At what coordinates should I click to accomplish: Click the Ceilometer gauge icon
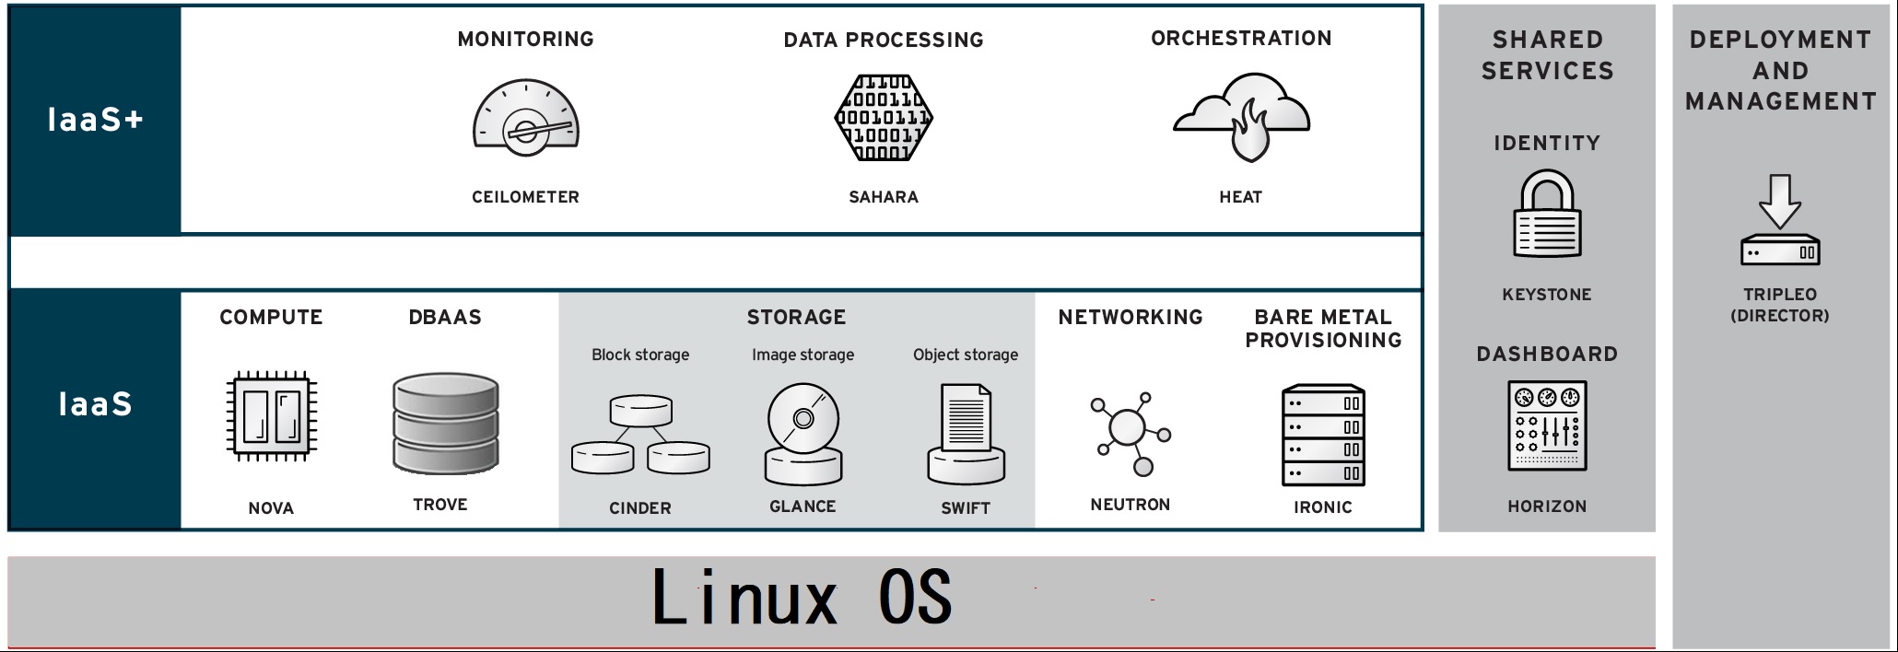[525, 118]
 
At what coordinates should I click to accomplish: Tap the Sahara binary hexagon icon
[884, 118]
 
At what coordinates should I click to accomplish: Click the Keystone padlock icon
[1547, 214]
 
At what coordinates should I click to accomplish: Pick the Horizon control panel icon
[1547, 425]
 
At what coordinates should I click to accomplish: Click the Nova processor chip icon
[271, 416]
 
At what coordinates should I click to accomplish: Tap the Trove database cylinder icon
[445, 423]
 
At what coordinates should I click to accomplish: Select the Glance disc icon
[803, 434]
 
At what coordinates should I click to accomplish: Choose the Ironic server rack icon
[1323, 436]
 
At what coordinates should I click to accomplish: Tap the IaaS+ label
[95, 120]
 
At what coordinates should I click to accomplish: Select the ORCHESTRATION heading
[1241, 39]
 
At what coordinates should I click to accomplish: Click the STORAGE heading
[796, 318]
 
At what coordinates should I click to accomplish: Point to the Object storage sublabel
[966, 355]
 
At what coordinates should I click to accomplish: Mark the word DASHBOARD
[1547, 355]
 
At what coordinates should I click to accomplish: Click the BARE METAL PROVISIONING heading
[1323, 329]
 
